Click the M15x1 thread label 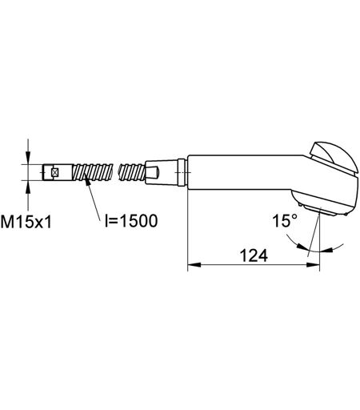pyautogui.click(x=26, y=222)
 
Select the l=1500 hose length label pyautogui.click(x=131, y=221)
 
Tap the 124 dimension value pyautogui.click(x=254, y=255)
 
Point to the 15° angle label pyautogui.click(x=285, y=221)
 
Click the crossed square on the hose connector pyautogui.click(x=55, y=172)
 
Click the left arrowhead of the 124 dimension pyautogui.click(x=194, y=265)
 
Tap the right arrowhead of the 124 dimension pyautogui.click(x=313, y=265)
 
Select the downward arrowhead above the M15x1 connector pyautogui.click(x=28, y=158)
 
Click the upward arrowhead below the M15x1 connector pyautogui.click(x=28, y=187)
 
